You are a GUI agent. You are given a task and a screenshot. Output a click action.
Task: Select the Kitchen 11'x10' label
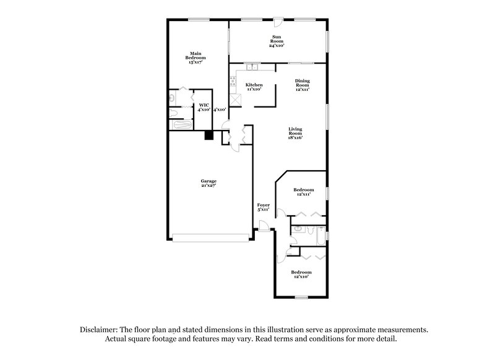[254, 87]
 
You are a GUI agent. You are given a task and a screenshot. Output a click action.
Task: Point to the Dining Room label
[302, 85]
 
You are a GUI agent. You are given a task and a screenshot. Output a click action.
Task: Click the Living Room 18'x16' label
[295, 134]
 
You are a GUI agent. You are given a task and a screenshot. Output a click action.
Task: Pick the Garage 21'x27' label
[208, 183]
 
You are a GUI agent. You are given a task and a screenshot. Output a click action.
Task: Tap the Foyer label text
[263, 207]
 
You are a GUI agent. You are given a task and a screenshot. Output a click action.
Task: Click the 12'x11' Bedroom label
[303, 192]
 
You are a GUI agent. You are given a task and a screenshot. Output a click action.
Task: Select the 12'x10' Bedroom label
[301, 274]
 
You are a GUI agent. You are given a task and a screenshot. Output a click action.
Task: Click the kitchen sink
[251, 67]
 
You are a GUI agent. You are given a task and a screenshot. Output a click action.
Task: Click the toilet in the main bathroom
[171, 97]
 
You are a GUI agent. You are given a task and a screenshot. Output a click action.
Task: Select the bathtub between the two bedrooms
[321, 234]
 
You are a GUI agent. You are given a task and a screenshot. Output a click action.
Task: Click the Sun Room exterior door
[280, 24]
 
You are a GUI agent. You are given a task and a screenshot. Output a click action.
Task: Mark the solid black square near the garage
[209, 135]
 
